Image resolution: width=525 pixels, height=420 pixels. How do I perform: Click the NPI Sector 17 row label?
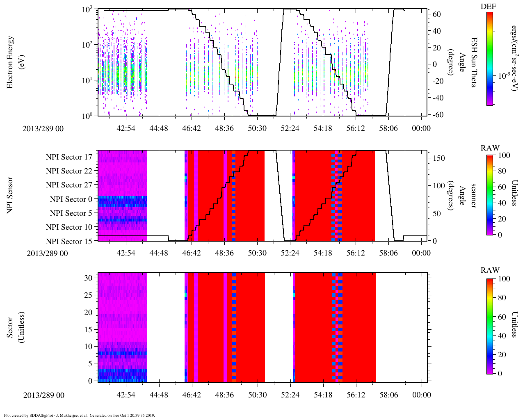(x=69, y=157)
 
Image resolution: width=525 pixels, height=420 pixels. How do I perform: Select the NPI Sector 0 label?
(x=71, y=199)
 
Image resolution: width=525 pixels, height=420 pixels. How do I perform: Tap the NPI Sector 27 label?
(x=69, y=185)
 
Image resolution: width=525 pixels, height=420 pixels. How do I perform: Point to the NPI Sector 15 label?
(x=69, y=242)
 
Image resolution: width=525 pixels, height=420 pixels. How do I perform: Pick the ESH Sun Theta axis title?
(x=474, y=62)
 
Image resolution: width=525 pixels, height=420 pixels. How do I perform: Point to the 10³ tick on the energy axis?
(x=88, y=9)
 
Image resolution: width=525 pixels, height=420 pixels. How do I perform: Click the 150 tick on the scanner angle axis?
(x=439, y=158)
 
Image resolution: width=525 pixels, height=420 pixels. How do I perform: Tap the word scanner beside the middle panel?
(x=473, y=196)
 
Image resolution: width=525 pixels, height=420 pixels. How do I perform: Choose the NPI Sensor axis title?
(x=10, y=195)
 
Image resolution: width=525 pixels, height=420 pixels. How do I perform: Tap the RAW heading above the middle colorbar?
(x=490, y=148)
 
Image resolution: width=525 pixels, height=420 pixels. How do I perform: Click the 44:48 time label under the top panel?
(x=159, y=128)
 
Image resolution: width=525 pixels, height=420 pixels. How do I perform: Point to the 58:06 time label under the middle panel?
(x=388, y=253)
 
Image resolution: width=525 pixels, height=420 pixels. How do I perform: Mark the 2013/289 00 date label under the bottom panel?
(x=44, y=395)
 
